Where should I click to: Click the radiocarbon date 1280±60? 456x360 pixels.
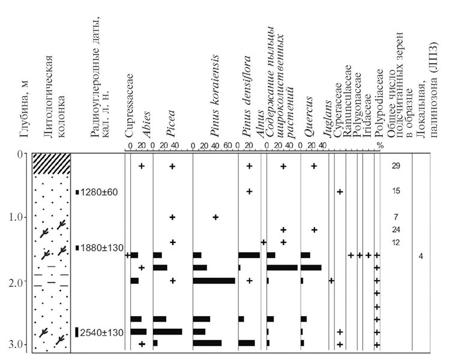click(x=99, y=192)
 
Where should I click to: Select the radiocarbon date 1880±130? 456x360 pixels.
click(x=102, y=248)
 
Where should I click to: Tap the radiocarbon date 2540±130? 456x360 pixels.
click(x=102, y=332)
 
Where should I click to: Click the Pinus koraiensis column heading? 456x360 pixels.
click(x=215, y=96)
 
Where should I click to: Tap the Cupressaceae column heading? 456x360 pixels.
click(x=129, y=106)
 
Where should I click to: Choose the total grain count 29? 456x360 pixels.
click(x=396, y=166)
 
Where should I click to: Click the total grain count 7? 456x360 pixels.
click(x=396, y=217)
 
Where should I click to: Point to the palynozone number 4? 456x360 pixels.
click(x=421, y=256)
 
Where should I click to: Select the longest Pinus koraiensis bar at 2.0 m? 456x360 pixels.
click(x=214, y=281)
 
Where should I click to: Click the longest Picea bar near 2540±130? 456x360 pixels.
click(x=167, y=332)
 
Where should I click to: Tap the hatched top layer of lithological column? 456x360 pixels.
click(x=52, y=164)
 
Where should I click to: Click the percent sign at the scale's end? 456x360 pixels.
click(x=380, y=146)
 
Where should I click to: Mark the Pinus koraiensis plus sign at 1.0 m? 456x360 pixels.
click(x=215, y=217)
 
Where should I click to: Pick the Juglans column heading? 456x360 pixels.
click(x=328, y=119)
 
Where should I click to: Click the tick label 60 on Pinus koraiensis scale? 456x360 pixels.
click(x=227, y=145)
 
